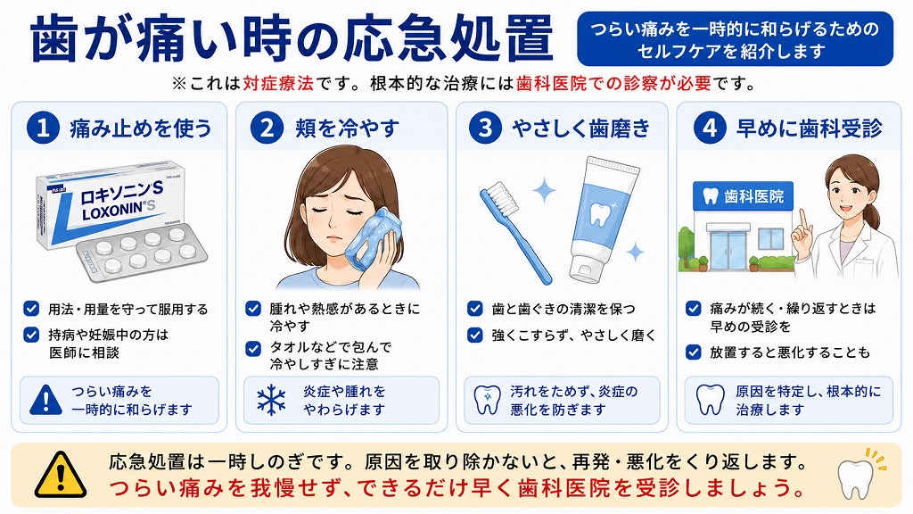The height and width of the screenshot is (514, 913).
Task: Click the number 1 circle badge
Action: point(43,128)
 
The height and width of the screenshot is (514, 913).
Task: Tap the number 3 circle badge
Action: point(486,128)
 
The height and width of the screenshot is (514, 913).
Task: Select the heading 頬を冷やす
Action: point(347,128)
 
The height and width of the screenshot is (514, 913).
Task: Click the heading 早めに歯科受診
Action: point(810,128)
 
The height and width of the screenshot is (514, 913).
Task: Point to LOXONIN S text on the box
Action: point(120,208)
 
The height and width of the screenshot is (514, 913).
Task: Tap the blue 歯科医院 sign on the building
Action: point(743,196)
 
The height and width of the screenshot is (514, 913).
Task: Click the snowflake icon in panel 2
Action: point(271,401)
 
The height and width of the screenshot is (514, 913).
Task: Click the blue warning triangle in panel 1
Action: point(45,400)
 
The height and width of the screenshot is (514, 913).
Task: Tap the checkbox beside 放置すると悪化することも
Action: point(693,352)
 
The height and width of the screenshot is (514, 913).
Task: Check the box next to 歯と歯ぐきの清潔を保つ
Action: point(475,308)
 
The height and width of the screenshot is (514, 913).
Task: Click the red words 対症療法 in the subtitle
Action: point(278,83)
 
